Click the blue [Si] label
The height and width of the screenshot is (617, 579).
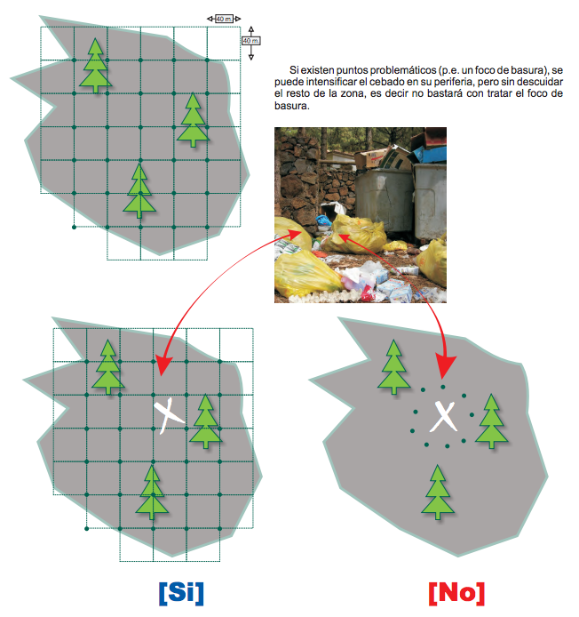[181, 593]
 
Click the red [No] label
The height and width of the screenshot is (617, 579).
[456, 593]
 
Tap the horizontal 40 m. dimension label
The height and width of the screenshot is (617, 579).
[224, 19]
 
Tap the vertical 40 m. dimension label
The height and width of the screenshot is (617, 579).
[250, 41]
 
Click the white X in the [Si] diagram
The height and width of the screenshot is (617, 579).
[168, 415]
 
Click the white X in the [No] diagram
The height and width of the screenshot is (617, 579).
[444, 416]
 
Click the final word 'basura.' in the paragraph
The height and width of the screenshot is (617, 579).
[291, 106]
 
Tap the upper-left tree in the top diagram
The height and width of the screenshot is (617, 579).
[96, 65]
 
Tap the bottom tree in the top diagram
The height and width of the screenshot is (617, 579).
[139, 191]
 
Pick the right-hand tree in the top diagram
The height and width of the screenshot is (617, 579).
[193, 120]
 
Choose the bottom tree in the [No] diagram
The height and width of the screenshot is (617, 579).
[438, 492]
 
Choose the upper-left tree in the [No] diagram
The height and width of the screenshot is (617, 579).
[393, 367]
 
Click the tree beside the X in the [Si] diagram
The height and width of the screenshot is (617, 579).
[205, 421]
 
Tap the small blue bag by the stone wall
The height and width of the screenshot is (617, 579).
[323, 220]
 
